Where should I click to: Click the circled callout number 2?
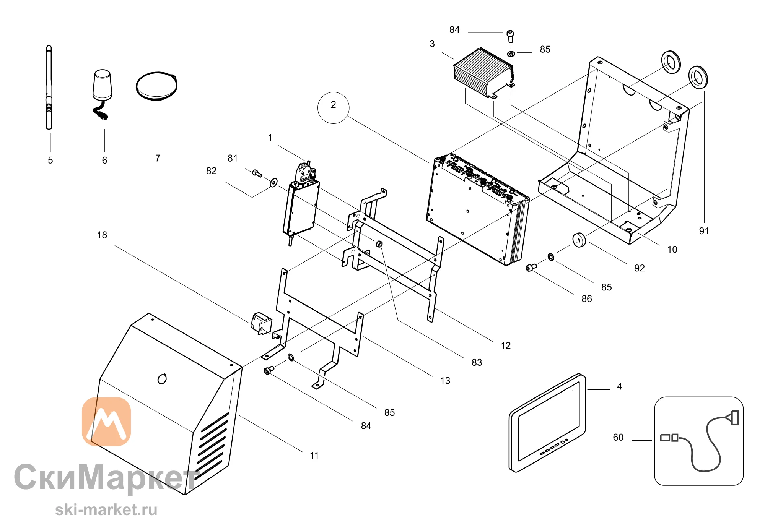click(333, 107)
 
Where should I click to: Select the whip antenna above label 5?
click(49, 88)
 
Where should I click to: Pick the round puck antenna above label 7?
click(157, 86)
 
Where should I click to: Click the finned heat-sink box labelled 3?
click(484, 73)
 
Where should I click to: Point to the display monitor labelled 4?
click(547, 423)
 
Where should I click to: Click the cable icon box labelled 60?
click(699, 441)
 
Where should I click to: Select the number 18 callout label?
click(102, 235)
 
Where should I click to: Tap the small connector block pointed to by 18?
click(262, 323)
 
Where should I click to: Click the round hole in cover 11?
click(162, 379)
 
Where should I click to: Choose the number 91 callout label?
click(704, 231)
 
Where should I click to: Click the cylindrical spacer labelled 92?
click(579, 240)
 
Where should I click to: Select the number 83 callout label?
click(477, 362)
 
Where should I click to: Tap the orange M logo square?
click(106, 422)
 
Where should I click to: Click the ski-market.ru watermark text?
click(106, 510)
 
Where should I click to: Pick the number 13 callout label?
click(445, 381)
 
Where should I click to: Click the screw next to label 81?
click(257, 174)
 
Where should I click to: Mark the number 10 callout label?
click(672, 250)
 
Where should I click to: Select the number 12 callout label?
click(506, 346)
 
